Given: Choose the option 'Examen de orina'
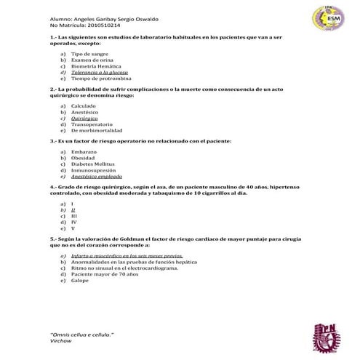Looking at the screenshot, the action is tap(92, 60).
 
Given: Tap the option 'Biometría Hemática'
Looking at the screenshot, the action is tap(96, 66).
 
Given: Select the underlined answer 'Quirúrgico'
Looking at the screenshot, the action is tap(87, 117).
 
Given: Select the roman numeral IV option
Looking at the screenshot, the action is tap(73, 222).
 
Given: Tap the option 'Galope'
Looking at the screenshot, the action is tap(80, 279).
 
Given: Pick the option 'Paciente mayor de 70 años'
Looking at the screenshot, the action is tap(103, 273).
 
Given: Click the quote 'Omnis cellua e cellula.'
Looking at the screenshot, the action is tap(81, 332).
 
